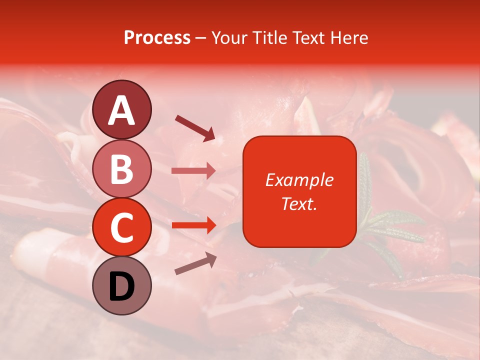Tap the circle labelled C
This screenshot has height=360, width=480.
121,227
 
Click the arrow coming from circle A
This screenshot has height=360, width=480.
195,127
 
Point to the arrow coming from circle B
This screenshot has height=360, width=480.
193,171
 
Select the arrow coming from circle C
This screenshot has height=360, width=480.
193,225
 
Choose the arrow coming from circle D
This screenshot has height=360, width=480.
195,263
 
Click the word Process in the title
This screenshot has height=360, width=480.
157,37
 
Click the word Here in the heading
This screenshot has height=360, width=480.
350,37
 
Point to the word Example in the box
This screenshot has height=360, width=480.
299,180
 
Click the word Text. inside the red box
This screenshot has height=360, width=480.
299,203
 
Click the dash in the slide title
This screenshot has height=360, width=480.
200,38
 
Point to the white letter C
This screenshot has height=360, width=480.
121,227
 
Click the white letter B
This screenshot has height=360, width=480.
121,169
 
